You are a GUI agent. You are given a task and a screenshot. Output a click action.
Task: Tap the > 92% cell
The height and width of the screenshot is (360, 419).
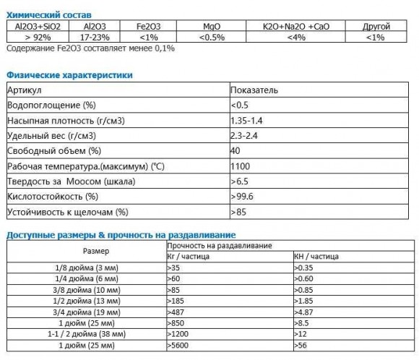tap(36, 36)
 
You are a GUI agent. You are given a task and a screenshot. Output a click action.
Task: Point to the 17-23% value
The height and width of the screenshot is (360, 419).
tap(95, 36)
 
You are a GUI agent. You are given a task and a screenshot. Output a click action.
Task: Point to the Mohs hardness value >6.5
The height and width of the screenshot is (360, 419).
tap(239, 181)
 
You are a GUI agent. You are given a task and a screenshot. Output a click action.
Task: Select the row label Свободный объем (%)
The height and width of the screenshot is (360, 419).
tap(54, 151)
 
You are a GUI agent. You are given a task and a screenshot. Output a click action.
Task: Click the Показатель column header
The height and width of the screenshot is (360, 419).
tap(254, 90)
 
